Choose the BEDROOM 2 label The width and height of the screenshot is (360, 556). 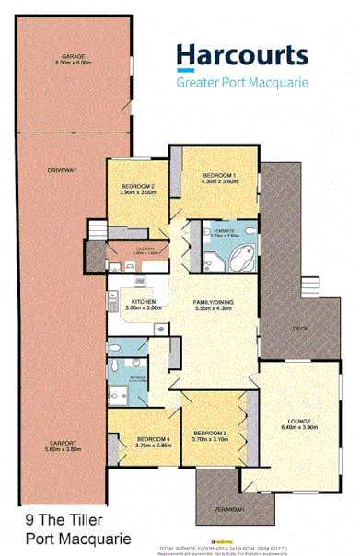point(137,187)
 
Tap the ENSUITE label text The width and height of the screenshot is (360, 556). point(225,233)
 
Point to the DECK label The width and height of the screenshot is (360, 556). point(299,329)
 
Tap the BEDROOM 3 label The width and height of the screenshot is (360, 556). point(210,433)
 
